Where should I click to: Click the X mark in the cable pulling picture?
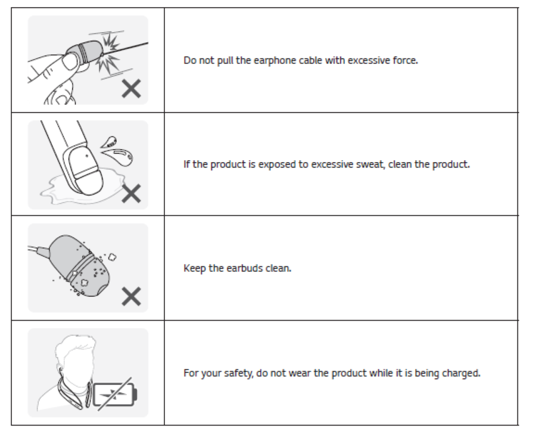pyautogui.click(x=132, y=89)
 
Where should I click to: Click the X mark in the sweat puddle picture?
pyautogui.click(x=132, y=193)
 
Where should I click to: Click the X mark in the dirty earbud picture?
pyautogui.click(x=132, y=296)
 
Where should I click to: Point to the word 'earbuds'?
pyautogui.click(x=256, y=268)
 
